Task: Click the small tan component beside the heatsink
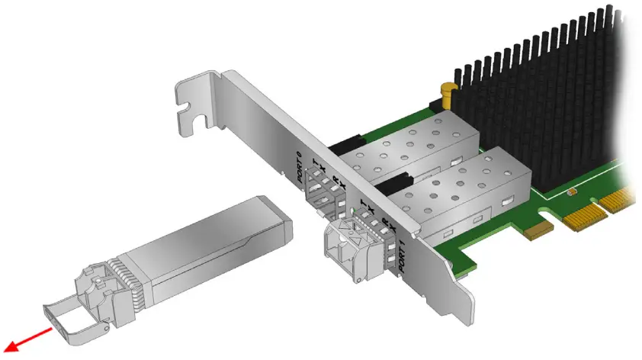click(571, 191)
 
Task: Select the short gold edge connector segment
click(540, 227)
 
